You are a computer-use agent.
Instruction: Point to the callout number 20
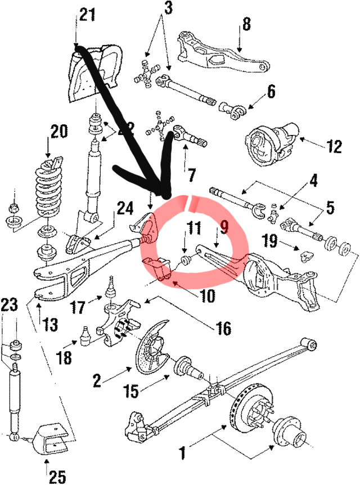pyautogui.click(x=58, y=133)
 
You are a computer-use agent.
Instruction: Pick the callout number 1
pyautogui.click(x=182, y=451)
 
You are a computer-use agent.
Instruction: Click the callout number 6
pyautogui.click(x=271, y=91)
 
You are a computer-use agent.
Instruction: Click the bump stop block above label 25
pyautogui.click(x=51, y=442)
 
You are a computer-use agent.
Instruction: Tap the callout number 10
pyautogui.click(x=206, y=295)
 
